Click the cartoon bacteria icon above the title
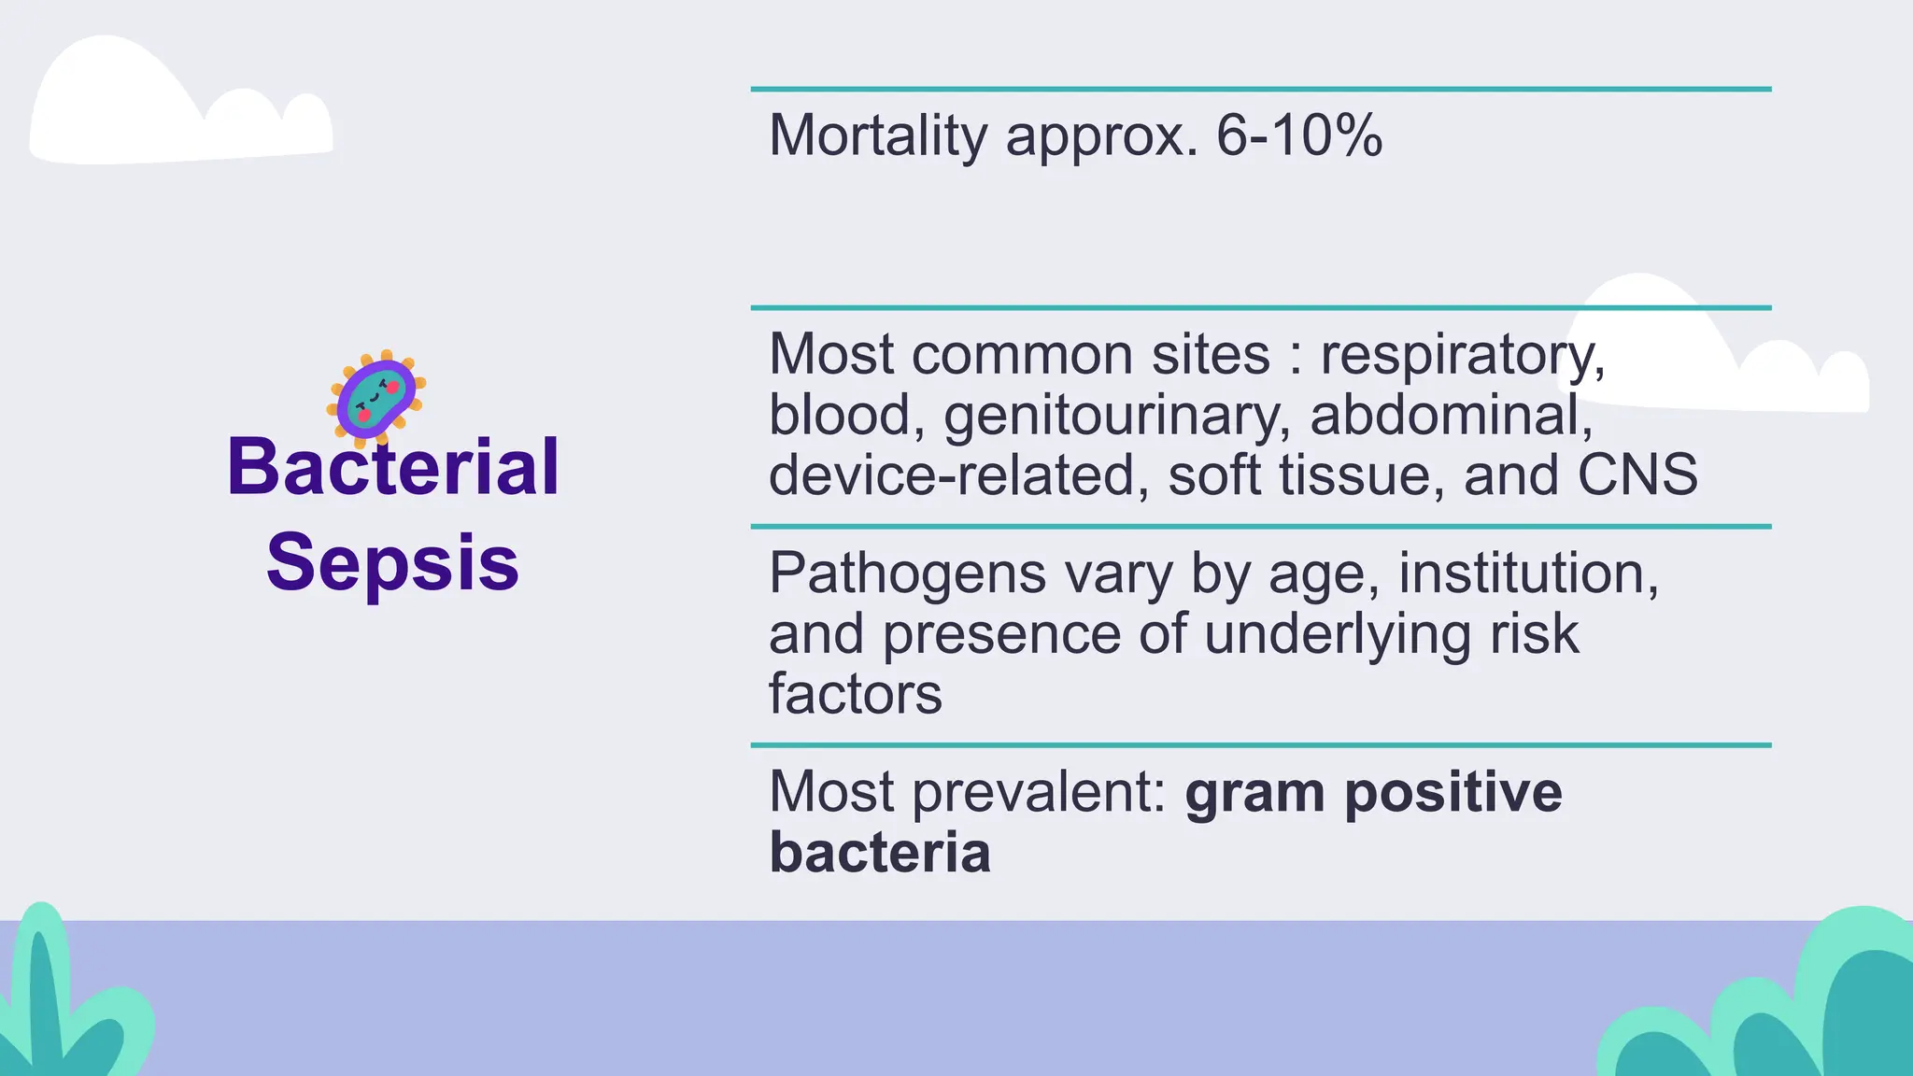[x=376, y=396]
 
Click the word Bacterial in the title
[x=392, y=467]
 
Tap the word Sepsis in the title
[x=392, y=562]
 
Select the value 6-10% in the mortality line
[x=1298, y=136]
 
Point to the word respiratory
[x=1462, y=356]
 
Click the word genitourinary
[x=1117, y=416]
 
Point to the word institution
[x=1527, y=573]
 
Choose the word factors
[x=855, y=695]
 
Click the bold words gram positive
[x=1373, y=792]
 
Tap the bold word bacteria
[x=879, y=853]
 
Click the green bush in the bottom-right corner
[x=1775, y=1009]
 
